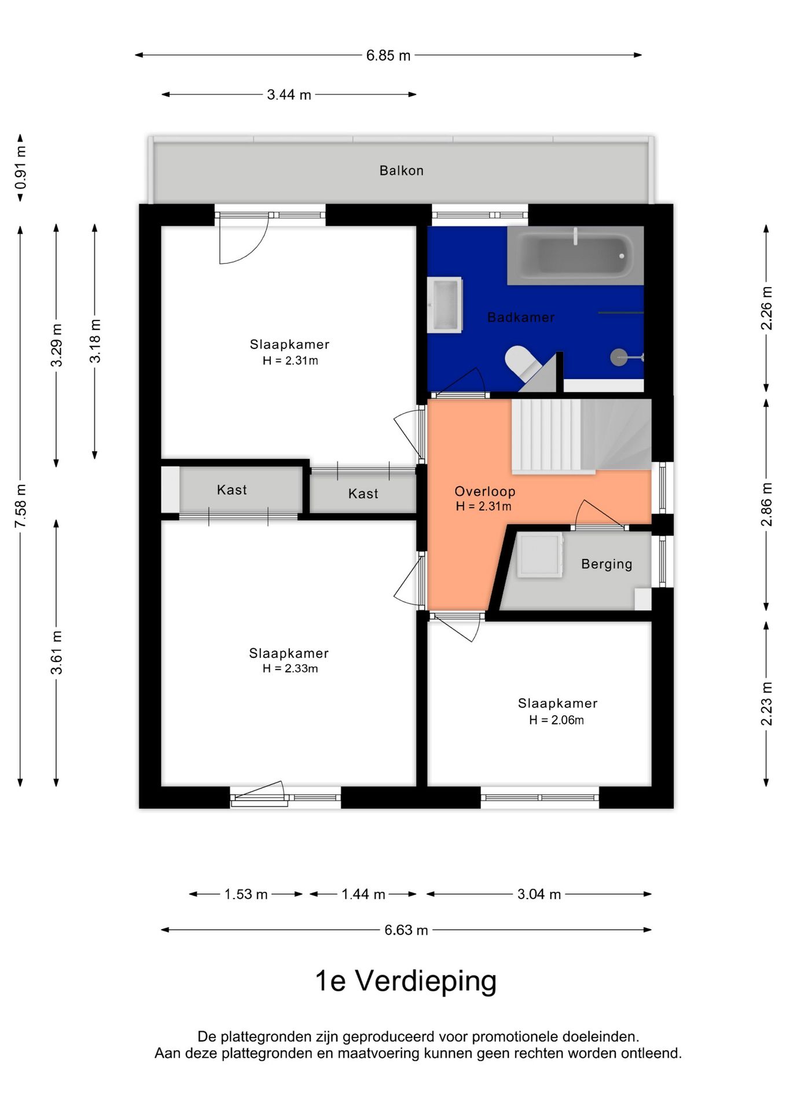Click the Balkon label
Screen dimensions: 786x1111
point(401,171)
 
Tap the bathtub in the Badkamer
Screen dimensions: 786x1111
point(575,255)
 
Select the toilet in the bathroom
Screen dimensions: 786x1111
point(522,363)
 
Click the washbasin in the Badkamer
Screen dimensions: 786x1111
point(445,305)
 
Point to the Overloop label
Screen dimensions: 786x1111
point(484,491)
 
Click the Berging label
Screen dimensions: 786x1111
point(607,564)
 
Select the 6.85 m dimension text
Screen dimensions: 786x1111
point(388,56)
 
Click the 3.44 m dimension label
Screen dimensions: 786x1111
point(289,94)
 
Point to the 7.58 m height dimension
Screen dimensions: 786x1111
point(20,506)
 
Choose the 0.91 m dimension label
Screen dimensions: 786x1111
point(20,168)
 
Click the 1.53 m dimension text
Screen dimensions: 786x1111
point(246,894)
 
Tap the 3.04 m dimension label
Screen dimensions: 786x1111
point(539,894)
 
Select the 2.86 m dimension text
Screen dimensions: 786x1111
point(766,505)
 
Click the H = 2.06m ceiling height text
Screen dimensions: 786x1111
point(556,720)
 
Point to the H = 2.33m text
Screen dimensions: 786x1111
point(290,668)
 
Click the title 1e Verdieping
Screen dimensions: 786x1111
point(406,981)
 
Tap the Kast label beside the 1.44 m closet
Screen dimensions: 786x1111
point(363,494)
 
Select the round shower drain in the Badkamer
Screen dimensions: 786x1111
point(619,357)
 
